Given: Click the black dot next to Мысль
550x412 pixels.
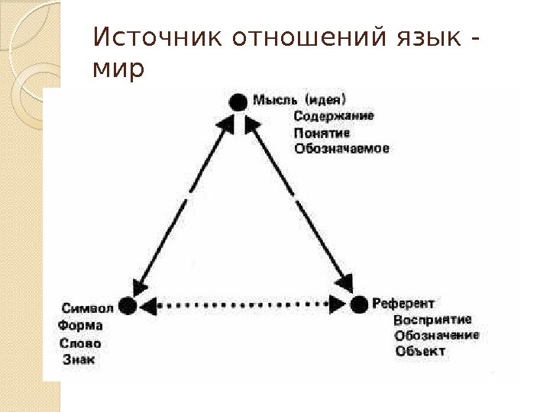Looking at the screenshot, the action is (239, 101).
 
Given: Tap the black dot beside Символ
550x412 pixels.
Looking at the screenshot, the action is (128, 306).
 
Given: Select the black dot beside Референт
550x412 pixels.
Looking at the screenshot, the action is (359, 305).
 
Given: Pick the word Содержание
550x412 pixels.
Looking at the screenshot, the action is (334, 117).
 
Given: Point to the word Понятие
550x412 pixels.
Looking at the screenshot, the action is (322, 133).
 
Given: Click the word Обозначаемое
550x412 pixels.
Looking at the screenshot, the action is (341, 149).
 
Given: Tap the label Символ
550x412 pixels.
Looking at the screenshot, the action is (86, 308).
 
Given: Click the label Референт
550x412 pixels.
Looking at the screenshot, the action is (403, 303).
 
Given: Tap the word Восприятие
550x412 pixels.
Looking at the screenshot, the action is (432, 320).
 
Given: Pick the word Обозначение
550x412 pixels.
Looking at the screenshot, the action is (437, 336).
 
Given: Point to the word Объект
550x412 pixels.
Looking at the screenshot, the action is (420, 352).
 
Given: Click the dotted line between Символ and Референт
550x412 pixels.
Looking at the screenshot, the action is (244, 306).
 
